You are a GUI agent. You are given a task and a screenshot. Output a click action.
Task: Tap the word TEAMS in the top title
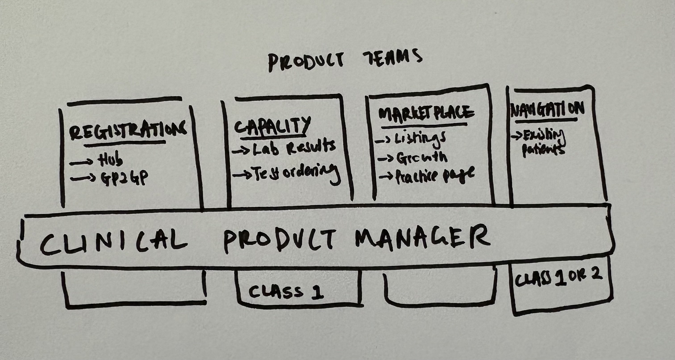tap(392, 58)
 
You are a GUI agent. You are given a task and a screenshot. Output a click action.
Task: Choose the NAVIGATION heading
tap(548, 110)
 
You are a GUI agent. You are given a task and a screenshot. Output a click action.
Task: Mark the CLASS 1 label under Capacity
tap(286, 292)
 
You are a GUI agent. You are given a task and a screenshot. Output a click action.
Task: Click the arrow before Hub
tap(81, 163)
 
